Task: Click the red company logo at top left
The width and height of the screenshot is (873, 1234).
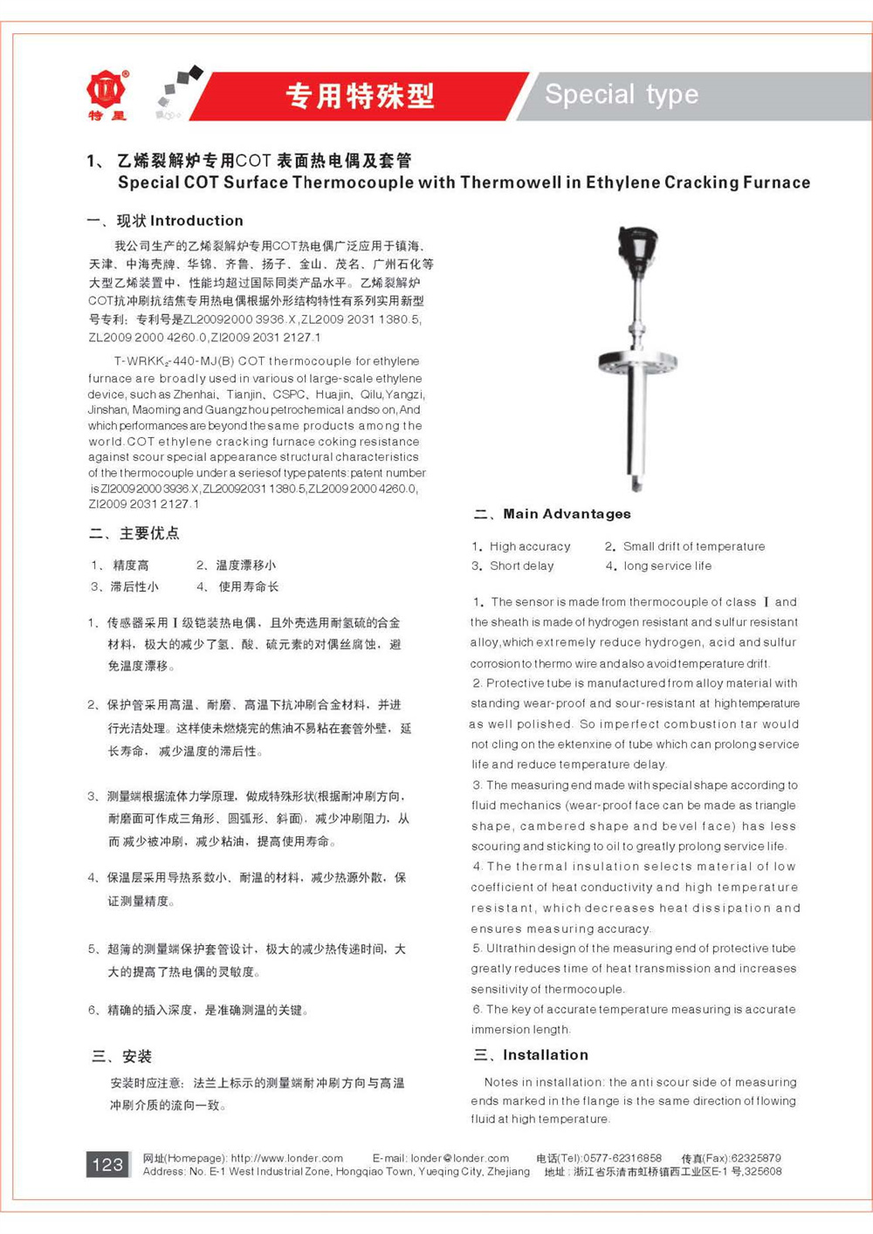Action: (107, 91)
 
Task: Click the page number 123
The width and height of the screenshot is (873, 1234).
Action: (107, 1164)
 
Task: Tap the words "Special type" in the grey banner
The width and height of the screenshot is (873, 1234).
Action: (622, 94)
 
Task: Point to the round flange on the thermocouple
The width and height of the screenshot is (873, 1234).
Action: (637, 362)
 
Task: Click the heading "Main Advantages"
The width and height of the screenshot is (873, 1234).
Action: (567, 514)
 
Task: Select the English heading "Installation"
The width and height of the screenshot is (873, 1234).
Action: (546, 1055)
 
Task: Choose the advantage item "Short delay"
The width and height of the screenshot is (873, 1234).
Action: (522, 566)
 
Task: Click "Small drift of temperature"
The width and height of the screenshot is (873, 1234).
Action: (694, 546)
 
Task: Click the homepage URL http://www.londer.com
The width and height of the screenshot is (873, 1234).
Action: (286, 1158)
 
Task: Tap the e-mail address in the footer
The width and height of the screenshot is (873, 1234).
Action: (460, 1158)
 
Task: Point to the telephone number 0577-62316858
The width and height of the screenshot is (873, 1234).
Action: (622, 1158)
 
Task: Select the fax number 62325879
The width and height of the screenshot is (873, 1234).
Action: (756, 1158)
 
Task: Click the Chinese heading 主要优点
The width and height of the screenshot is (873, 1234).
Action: (149, 533)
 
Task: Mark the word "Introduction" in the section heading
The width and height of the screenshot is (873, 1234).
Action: (196, 221)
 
